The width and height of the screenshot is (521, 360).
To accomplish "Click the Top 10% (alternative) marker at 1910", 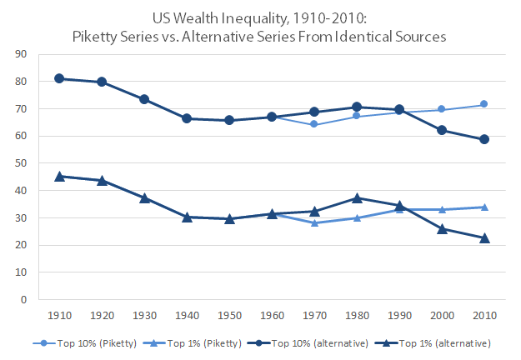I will tap(58, 78).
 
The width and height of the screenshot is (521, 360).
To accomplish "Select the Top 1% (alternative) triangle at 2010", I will tap(483, 238).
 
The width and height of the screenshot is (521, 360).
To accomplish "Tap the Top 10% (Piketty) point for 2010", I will tap(483, 104).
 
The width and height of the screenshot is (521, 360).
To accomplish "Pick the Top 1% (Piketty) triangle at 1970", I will tap(313, 223).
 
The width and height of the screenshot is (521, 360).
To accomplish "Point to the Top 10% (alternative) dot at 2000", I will tap(441, 130).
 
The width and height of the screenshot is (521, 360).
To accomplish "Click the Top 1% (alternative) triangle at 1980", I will tap(356, 198).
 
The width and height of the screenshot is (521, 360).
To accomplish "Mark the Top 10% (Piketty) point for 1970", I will tap(313, 124).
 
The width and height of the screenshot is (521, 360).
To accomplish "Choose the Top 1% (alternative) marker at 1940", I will tap(186, 217).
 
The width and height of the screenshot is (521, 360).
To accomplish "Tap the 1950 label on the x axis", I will tap(228, 316).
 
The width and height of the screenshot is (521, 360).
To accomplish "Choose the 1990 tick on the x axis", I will tap(398, 316).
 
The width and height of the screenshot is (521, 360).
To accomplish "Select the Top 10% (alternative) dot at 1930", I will tap(143, 99).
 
